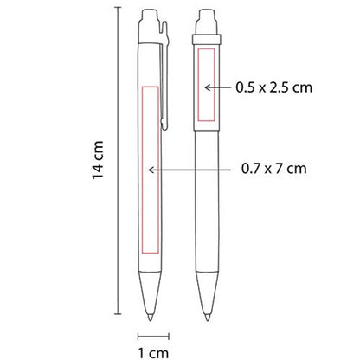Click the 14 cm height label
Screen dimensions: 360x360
click(x=98, y=160)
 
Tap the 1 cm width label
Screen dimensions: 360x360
click(x=153, y=353)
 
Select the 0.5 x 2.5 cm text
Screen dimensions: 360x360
click(x=273, y=87)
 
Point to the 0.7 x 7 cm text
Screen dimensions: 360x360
click(x=273, y=168)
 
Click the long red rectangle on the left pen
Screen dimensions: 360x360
click(x=142, y=170)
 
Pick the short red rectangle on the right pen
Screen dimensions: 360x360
click(x=198, y=85)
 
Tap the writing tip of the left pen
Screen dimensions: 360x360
click(x=151, y=317)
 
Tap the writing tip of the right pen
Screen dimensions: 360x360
click(x=208, y=317)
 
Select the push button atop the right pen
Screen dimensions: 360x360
click(x=207, y=20)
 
